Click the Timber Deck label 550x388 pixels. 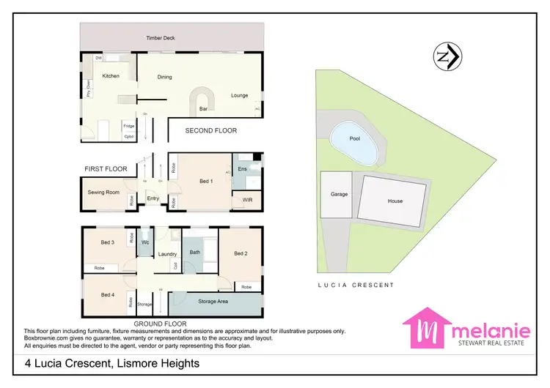click(159, 38)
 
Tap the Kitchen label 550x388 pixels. click(111, 76)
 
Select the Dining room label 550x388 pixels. click(164, 76)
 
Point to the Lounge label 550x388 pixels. click(240, 95)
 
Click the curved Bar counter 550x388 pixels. click(202, 99)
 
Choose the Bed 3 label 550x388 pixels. click(108, 242)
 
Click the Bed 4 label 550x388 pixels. click(108, 295)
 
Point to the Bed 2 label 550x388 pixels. click(241, 253)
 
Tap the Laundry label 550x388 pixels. click(167, 254)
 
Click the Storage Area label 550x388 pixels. click(213, 301)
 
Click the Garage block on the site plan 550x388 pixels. click(339, 195)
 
